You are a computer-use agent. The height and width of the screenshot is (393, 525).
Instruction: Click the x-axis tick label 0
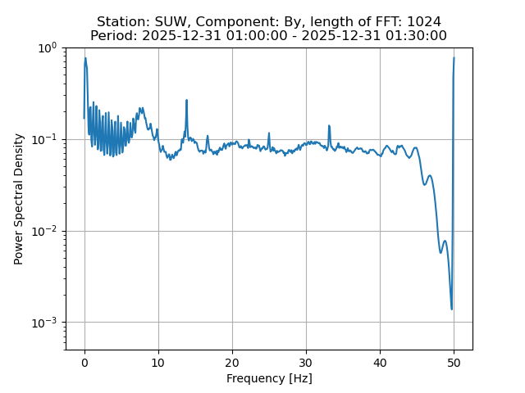coord(84,362)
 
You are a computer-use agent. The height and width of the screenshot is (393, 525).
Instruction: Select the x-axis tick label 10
coord(158,362)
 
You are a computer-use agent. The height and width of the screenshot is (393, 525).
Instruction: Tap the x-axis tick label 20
coord(232,362)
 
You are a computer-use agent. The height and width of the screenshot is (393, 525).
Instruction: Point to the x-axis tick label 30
coord(306,362)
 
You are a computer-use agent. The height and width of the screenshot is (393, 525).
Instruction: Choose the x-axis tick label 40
coord(380,362)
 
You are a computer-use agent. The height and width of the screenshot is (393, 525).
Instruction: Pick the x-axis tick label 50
coord(454,362)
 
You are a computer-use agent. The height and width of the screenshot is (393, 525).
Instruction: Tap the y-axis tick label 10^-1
coord(44,139)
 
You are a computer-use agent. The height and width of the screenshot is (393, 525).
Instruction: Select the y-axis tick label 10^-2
coord(44,231)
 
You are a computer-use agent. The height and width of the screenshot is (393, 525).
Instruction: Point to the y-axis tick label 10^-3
coord(44,322)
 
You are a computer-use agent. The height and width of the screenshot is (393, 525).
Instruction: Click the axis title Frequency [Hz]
coord(269,378)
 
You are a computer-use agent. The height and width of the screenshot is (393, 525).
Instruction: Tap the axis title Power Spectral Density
coord(19,199)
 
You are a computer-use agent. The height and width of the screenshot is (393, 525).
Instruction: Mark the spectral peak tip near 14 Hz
coord(187,100)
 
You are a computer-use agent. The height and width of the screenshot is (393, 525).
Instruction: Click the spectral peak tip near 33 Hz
coord(329,126)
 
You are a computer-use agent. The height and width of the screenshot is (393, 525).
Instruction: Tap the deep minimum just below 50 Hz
coord(451,309)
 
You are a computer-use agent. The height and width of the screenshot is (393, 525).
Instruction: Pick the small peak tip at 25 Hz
coord(269,133)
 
